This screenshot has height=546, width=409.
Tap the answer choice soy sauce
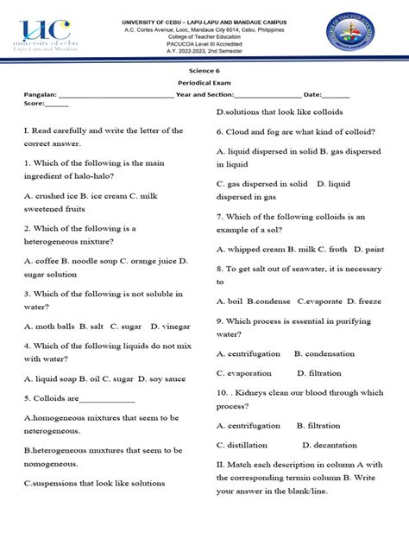point(163,378)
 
